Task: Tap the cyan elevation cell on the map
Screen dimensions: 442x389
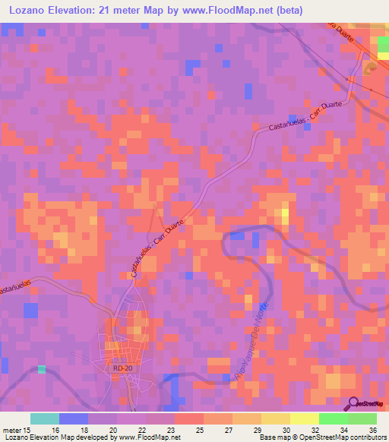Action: click(42, 369)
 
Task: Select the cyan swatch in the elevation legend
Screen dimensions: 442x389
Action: click(45, 418)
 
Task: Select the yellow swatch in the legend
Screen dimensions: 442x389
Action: click(305, 418)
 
